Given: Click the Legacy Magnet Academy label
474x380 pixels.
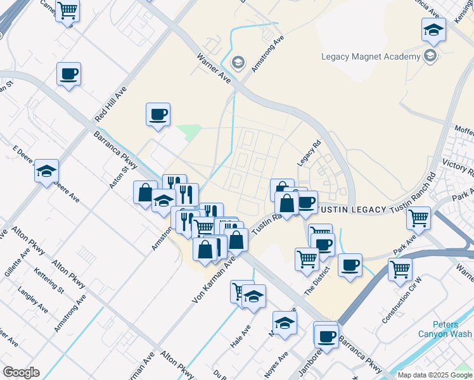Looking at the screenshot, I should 371,56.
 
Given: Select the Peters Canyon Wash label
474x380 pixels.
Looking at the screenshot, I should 445,329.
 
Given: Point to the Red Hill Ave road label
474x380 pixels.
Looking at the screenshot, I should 111,105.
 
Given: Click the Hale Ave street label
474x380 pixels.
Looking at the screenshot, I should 240,336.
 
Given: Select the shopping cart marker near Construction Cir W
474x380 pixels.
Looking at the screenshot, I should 400,269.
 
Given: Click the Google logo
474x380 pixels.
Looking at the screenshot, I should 20,372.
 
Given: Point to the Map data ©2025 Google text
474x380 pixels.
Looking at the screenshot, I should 434,375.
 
